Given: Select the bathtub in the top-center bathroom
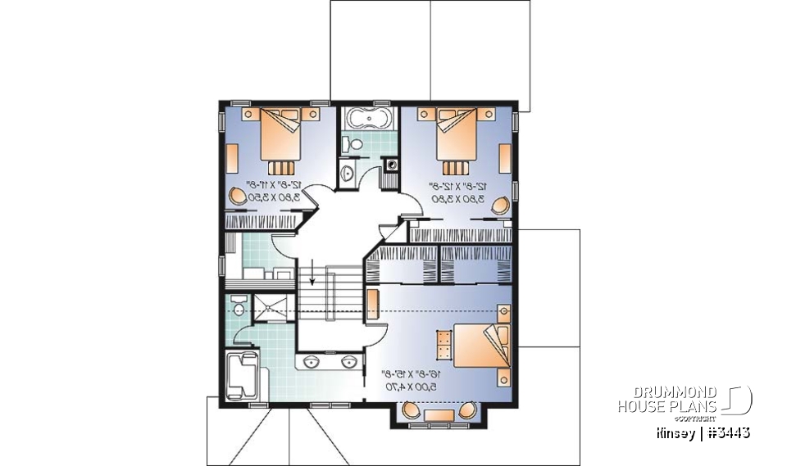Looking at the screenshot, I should (366, 120).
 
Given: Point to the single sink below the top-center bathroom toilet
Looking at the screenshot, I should (347, 174).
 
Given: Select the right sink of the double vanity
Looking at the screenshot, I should (348, 361).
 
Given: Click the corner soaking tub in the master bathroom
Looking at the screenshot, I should (244, 373).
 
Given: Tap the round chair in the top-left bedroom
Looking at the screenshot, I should (237, 197).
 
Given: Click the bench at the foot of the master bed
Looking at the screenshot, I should (443, 343).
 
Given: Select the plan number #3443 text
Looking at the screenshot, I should (726, 432).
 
